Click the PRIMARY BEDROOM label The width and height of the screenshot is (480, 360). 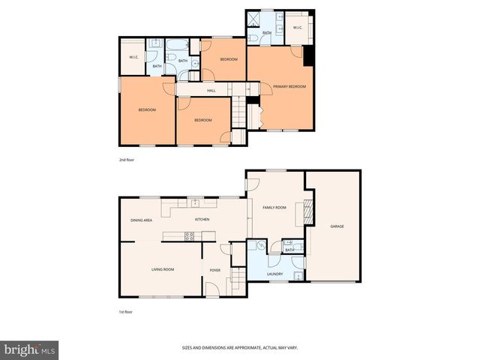click(289, 87)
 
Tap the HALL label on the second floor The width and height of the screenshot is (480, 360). click(201, 91)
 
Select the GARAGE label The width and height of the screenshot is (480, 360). click(337, 226)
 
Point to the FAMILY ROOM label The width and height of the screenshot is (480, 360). click(274, 207)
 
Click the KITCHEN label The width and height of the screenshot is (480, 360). click(202, 220)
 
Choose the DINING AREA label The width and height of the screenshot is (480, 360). click(142, 220)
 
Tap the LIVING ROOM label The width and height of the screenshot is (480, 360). click(163, 269)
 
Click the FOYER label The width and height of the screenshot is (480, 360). click(214, 269)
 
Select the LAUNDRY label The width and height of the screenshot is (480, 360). click(274, 274)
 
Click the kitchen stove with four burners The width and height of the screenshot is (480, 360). click(190, 236)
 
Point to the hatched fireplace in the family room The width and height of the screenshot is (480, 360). click(306, 211)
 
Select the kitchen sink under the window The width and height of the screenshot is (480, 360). click(195, 202)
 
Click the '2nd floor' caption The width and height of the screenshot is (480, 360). click(127, 160)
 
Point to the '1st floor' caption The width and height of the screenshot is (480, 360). click(126, 311)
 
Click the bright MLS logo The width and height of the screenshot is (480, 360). click(30, 349)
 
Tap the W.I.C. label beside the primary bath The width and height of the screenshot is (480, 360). click(297, 28)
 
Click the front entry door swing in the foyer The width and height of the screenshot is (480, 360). click(212, 289)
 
